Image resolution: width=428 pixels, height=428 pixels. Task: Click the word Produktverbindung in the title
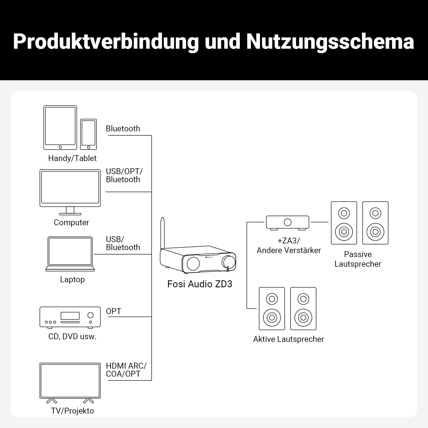click(x=106, y=42)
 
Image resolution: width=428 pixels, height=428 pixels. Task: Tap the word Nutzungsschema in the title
click(x=330, y=42)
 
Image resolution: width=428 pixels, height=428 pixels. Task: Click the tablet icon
click(x=60, y=127)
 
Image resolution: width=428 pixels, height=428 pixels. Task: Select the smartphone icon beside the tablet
click(x=89, y=134)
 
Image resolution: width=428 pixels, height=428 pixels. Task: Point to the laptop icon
click(x=70, y=253)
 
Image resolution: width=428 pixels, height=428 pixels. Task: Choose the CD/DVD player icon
click(x=70, y=317)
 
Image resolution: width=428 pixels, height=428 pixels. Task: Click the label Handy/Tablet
click(x=72, y=158)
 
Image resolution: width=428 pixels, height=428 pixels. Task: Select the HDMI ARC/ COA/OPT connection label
click(x=126, y=370)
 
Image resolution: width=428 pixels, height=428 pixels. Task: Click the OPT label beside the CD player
click(x=113, y=311)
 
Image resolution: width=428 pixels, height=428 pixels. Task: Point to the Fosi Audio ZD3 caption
click(x=200, y=284)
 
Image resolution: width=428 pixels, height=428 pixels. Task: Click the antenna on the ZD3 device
click(x=162, y=233)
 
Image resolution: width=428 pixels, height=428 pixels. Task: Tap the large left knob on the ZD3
click(x=193, y=263)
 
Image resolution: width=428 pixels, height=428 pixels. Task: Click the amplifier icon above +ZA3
click(x=288, y=222)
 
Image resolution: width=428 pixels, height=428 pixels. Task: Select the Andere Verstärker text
click(x=289, y=250)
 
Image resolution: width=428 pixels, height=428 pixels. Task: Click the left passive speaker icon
click(x=344, y=223)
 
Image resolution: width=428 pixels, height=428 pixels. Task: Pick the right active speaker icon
click(x=303, y=309)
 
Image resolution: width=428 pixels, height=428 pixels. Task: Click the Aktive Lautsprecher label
click(x=288, y=339)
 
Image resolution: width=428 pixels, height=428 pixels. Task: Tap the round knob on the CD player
click(x=90, y=315)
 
